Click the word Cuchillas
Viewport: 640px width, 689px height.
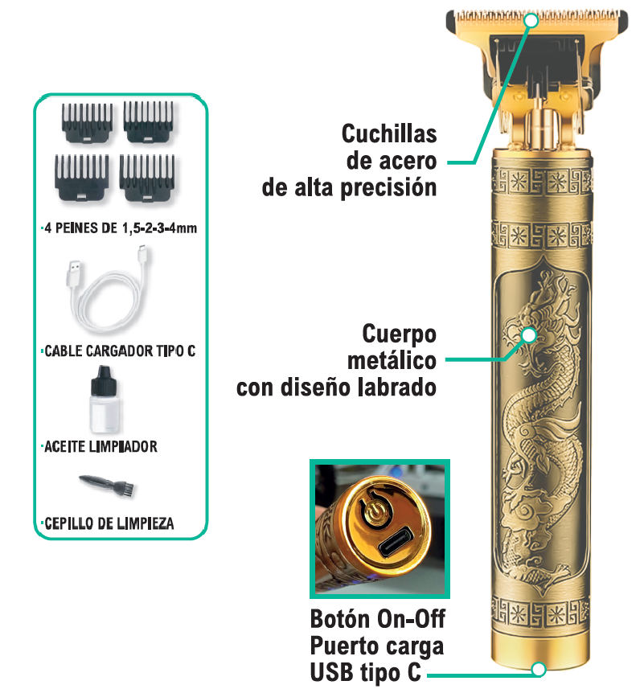click(x=389, y=133)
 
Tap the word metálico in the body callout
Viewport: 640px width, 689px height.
click(x=392, y=361)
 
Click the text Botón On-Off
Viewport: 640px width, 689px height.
click(x=378, y=619)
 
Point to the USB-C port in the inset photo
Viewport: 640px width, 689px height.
click(x=396, y=542)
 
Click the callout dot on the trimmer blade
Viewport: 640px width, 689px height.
click(x=531, y=20)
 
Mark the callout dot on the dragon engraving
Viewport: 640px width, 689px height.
click(x=529, y=335)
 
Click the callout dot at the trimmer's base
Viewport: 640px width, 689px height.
click(x=539, y=669)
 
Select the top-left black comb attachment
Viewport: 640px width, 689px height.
click(x=87, y=122)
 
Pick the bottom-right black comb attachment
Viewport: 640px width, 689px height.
click(x=147, y=178)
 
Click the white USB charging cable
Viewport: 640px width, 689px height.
click(x=109, y=290)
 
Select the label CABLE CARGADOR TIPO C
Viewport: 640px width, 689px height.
click(x=120, y=351)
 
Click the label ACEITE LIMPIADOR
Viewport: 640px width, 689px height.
click(x=101, y=446)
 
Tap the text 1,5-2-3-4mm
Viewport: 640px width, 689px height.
click(x=159, y=228)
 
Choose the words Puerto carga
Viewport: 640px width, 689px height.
click(x=377, y=646)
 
